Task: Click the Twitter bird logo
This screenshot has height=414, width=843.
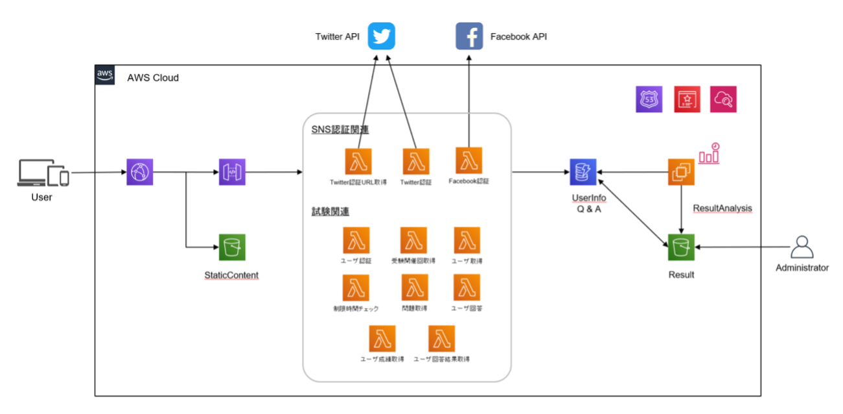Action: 381,36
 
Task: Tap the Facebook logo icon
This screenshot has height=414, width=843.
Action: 469,36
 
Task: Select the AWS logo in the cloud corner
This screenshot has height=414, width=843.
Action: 105,75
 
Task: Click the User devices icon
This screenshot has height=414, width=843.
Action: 43,173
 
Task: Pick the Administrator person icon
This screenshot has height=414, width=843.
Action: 802,248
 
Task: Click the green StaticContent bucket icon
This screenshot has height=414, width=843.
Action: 232,247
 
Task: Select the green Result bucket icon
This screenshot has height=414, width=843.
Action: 681,247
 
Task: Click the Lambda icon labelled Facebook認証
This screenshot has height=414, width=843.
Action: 468,161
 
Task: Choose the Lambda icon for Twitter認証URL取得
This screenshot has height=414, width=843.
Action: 358,162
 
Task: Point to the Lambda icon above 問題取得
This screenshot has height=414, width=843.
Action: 415,287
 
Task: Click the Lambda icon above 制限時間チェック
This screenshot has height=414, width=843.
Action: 356,287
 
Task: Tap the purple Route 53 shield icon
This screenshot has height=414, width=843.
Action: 649,100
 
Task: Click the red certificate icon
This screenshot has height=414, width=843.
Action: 686,100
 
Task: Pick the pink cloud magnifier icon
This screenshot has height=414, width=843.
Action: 723,100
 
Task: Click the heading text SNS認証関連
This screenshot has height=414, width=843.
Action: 340,130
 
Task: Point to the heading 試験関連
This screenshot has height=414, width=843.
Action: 330,212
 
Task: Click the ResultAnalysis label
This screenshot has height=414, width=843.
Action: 722,208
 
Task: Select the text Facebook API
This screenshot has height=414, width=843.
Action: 518,36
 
